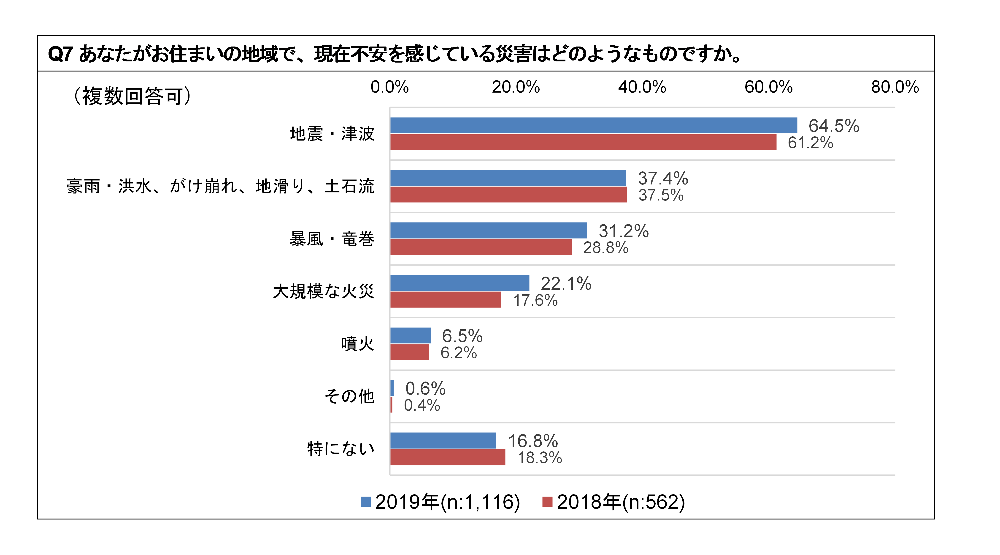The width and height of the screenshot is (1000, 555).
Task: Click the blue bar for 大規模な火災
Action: pyautogui.click(x=460, y=283)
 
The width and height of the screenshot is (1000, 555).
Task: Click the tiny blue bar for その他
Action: pyautogui.click(x=392, y=388)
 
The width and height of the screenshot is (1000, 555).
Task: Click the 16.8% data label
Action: pyautogui.click(x=533, y=441)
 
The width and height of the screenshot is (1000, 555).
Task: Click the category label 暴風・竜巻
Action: pyautogui.click(x=332, y=239)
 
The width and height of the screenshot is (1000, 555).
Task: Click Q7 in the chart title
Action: pyautogui.click(x=60, y=54)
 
